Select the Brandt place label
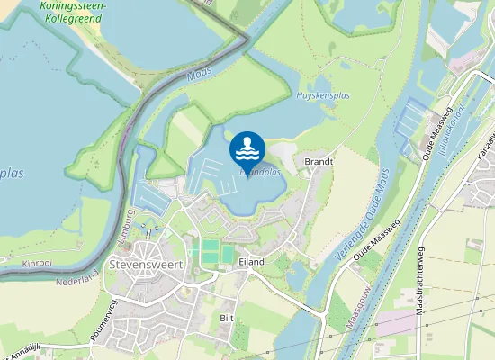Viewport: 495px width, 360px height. point(319,162)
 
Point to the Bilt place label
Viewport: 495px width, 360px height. point(228,318)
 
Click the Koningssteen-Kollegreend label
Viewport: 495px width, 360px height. point(74,12)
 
